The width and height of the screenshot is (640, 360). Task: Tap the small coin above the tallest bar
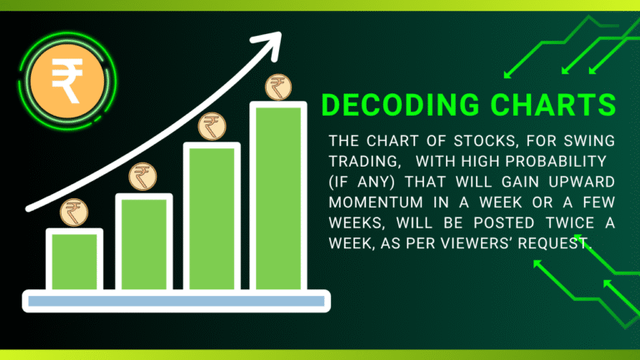click(x=277, y=86)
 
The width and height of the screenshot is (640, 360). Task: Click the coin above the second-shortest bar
click(x=142, y=177)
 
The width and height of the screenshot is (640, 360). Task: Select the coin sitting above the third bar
click(x=211, y=127)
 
